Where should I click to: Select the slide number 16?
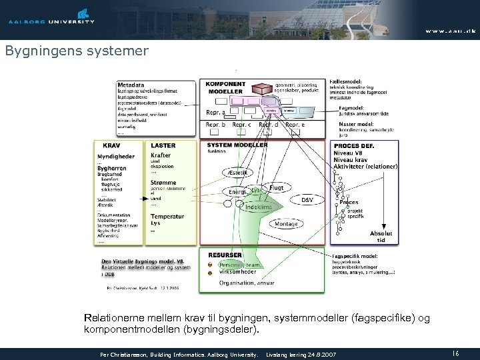point(456,353)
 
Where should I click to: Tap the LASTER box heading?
point(163,145)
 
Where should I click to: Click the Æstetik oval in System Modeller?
point(237,173)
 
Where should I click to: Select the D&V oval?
point(307,199)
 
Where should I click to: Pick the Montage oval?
point(286,225)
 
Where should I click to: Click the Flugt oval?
point(276,188)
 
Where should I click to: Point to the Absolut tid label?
point(381,237)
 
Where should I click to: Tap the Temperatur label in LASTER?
point(167,217)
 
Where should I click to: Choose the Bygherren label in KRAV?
point(111,169)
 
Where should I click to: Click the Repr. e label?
point(295,125)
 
